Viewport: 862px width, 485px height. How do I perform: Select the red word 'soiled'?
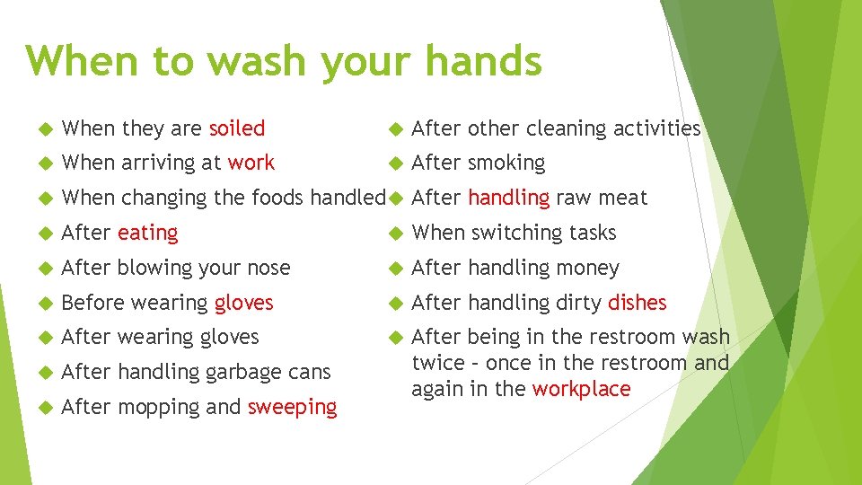click(x=237, y=128)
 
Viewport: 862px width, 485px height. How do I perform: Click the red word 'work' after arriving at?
click(x=251, y=163)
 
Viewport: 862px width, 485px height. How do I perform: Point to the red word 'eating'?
click(x=148, y=233)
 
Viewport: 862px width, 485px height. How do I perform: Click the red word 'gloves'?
click(x=244, y=303)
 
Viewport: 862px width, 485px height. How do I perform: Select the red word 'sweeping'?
click(x=293, y=407)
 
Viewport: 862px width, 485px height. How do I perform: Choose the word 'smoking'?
click(x=506, y=163)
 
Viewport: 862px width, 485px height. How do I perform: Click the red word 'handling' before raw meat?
click(x=508, y=198)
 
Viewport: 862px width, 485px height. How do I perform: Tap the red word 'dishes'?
click(x=638, y=303)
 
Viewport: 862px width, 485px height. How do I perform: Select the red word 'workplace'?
click(x=582, y=389)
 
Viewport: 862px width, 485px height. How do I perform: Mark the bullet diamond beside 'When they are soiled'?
click(x=37, y=129)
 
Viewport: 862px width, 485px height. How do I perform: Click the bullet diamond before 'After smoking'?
click(x=389, y=163)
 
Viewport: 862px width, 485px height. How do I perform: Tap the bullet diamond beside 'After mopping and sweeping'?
click(x=37, y=408)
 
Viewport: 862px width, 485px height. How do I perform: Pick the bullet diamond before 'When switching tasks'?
click(x=389, y=234)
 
